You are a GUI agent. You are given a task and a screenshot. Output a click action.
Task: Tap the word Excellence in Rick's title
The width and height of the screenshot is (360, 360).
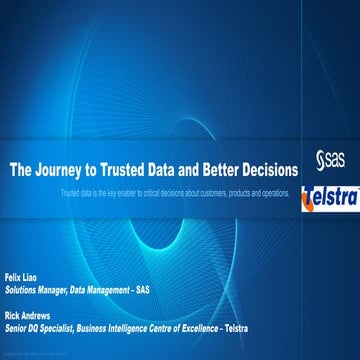[x=230, y=321]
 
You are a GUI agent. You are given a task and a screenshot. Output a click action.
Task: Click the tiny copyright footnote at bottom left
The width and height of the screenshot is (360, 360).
[x=30, y=354]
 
